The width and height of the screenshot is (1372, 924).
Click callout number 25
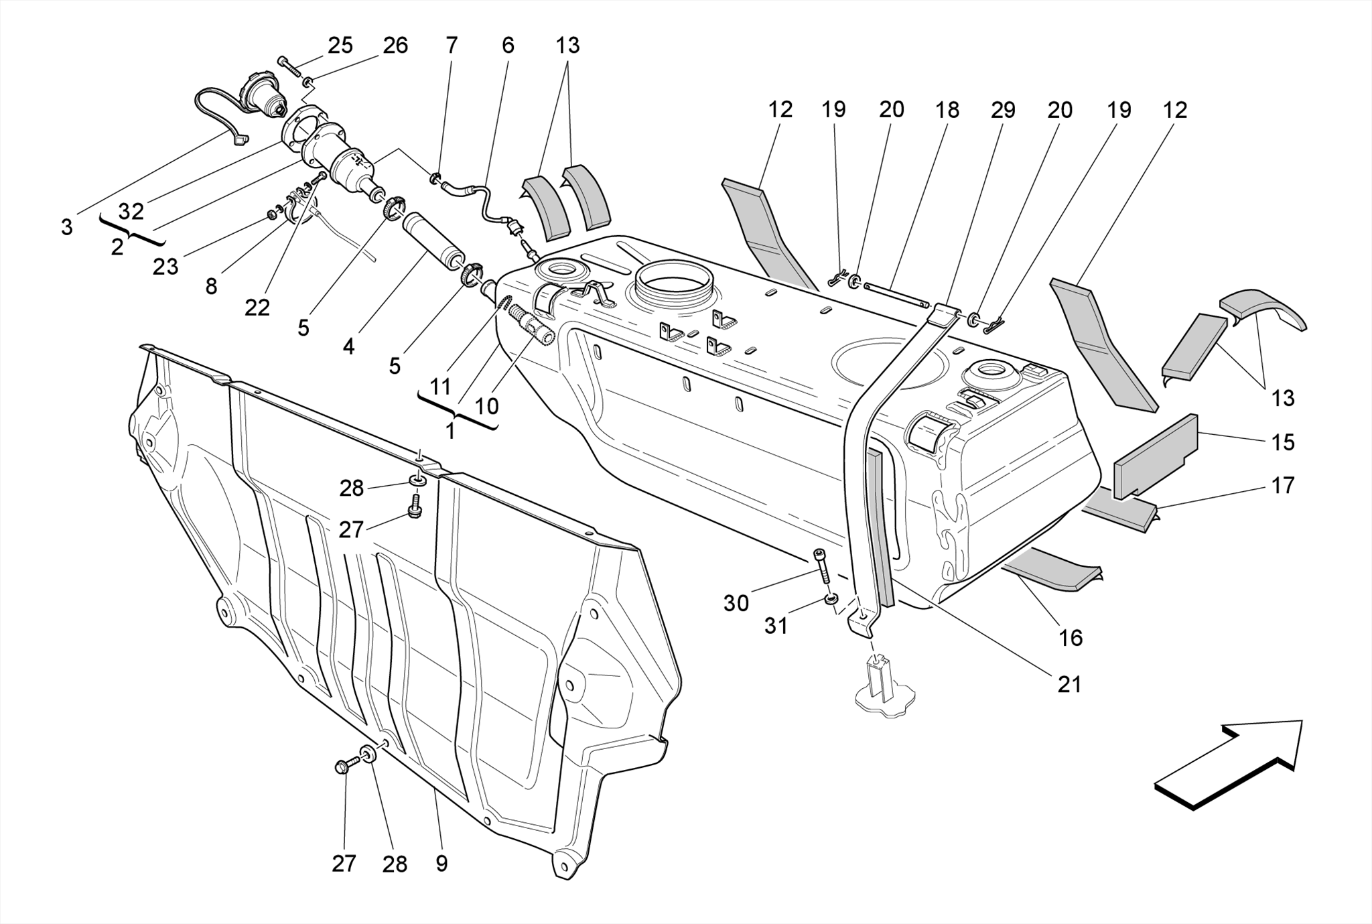(340, 46)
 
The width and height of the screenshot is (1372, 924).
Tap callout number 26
(395, 46)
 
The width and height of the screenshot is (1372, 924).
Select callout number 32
(131, 212)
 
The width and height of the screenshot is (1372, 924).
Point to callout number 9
(441, 864)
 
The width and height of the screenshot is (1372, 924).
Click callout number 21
(1069, 684)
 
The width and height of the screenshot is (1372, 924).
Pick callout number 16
(1071, 637)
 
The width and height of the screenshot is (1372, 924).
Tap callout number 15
(1282, 442)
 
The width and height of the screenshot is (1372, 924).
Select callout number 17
(1282, 485)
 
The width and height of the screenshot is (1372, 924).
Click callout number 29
(1003, 110)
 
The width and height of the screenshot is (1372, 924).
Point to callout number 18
(947, 110)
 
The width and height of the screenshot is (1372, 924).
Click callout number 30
(736, 603)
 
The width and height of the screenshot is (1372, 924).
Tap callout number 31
(776, 626)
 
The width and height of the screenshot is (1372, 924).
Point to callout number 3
(66, 228)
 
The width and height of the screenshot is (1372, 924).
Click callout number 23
(165, 267)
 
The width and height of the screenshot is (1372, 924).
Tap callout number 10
(486, 406)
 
